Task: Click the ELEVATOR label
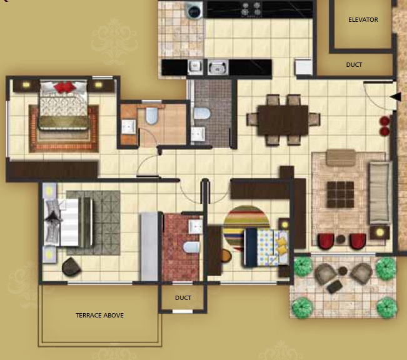pyautogui.click(x=363, y=20)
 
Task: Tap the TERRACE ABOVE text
pyautogui.click(x=99, y=316)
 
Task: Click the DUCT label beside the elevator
pyautogui.click(x=354, y=64)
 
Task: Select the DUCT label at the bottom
pyautogui.click(x=183, y=297)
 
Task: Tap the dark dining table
pyautogui.click(x=283, y=120)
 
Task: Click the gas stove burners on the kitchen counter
pyautogui.click(x=251, y=9)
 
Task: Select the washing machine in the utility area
pyautogui.click(x=194, y=11)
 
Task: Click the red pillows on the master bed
pyautogui.click(x=64, y=86)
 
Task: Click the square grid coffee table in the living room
pyautogui.click(x=340, y=194)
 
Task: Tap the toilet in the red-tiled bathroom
pyautogui.click(x=191, y=247)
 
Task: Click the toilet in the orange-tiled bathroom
pyautogui.click(x=151, y=116)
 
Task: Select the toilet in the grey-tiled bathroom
pyautogui.click(x=202, y=113)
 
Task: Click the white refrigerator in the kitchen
pyautogui.click(x=303, y=67)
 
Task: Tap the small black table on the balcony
pyautogui.click(x=334, y=286)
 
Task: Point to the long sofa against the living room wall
pyautogui.click(x=381, y=192)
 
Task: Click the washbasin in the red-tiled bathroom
pyautogui.click(x=195, y=227)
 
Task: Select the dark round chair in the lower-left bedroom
pyautogui.click(x=71, y=266)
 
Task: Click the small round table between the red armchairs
pyautogui.click(x=341, y=239)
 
